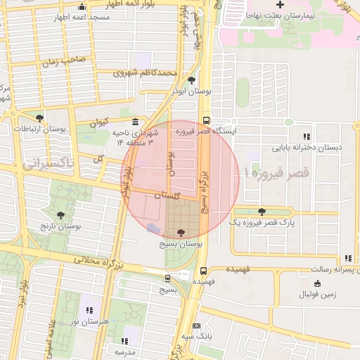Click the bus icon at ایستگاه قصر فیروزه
[205, 120]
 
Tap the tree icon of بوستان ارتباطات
[39, 118]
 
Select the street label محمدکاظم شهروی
[141, 72]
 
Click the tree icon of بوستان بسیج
[181, 231]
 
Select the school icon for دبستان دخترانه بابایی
[306, 136]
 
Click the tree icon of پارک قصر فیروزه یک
[262, 211]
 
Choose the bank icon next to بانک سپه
[196, 326]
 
